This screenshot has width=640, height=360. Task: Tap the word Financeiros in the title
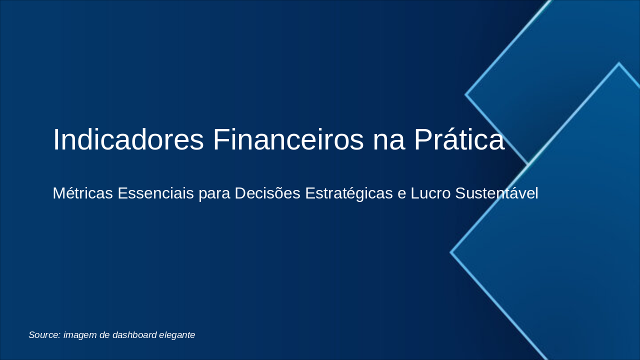(x=288, y=139)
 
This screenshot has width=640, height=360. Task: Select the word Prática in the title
(x=459, y=139)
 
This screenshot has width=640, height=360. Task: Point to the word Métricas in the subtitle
(x=83, y=193)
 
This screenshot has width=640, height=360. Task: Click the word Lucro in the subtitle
(x=430, y=193)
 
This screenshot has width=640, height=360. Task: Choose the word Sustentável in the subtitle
(x=496, y=193)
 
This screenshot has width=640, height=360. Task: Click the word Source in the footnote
(x=44, y=335)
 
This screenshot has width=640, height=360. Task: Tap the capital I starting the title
(x=55, y=139)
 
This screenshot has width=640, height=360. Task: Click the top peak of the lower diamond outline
(x=618, y=63)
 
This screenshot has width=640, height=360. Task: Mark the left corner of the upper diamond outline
(x=466, y=94)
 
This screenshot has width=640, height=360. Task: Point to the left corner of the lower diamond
(x=451, y=252)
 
